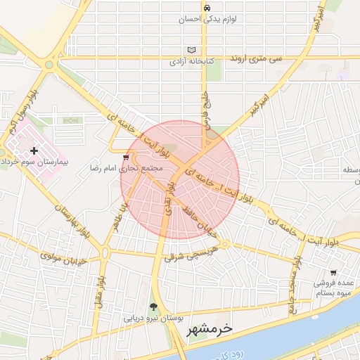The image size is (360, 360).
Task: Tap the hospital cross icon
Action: pos(34,150)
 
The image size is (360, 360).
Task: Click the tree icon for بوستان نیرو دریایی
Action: pos(153,307)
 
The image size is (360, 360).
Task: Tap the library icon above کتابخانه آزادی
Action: pos(192,50)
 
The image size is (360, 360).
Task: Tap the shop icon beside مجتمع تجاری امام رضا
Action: pos(125,157)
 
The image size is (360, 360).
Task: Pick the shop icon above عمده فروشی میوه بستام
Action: pos(333,272)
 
